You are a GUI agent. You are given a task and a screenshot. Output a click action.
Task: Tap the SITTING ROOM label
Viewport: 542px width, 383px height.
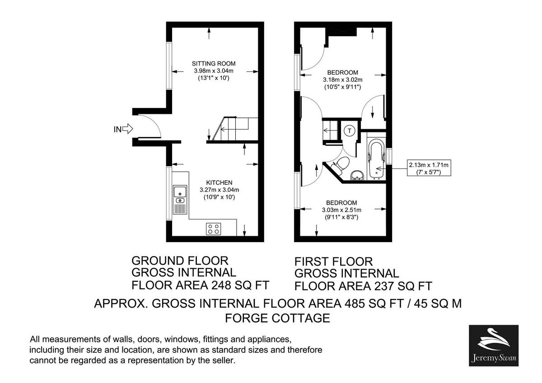[x=214, y=63]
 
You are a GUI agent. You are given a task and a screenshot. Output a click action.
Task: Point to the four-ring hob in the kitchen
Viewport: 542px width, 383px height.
[x=214, y=229]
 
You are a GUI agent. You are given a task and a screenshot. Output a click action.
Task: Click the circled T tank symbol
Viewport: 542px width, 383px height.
[x=350, y=131]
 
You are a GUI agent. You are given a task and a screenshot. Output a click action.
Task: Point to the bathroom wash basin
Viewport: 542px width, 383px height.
[x=357, y=175]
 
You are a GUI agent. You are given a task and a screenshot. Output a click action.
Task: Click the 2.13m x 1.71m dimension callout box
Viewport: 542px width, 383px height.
[x=429, y=168]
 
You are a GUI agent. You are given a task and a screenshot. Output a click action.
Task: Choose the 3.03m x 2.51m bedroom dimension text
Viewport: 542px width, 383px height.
[x=342, y=210]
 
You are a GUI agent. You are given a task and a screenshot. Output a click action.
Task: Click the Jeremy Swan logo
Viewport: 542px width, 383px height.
[x=494, y=346]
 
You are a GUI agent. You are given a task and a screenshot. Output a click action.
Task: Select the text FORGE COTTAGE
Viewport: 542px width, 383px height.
[x=277, y=318]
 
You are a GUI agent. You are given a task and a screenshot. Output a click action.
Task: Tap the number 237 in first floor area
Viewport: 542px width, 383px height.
[x=382, y=286]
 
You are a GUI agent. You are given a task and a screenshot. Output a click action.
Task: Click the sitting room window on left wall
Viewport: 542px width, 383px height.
[x=168, y=66]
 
